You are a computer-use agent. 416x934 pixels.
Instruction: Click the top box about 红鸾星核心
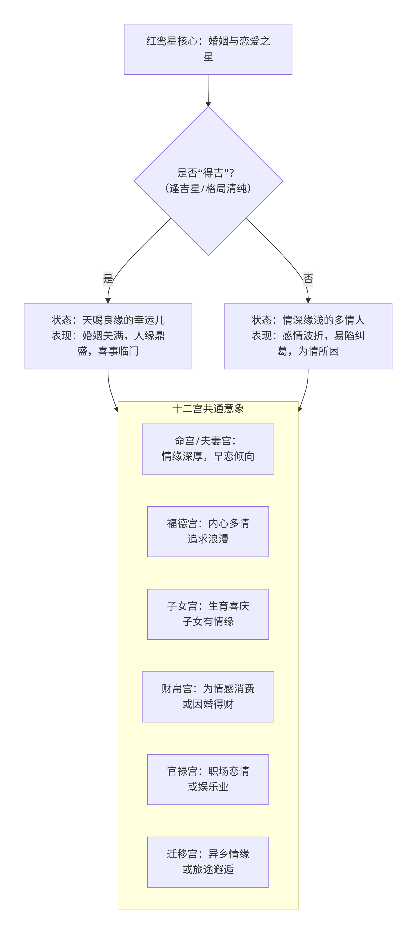click(x=208, y=49)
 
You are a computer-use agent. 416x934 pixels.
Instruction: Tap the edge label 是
click(x=108, y=279)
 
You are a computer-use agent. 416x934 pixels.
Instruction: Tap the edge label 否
click(x=308, y=279)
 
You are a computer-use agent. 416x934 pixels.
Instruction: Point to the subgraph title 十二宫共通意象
click(x=208, y=409)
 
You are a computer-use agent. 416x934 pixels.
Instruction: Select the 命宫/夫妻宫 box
click(x=208, y=449)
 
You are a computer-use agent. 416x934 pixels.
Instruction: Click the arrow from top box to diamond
click(x=208, y=91)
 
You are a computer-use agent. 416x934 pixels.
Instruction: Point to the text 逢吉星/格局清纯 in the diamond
click(x=208, y=188)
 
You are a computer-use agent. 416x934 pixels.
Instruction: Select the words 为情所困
click(x=319, y=351)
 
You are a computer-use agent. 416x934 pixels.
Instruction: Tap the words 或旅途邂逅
click(x=208, y=869)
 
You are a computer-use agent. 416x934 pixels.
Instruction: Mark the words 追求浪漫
click(x=208, y=539)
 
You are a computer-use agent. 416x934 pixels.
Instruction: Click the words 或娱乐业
click(x=208, y=787)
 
